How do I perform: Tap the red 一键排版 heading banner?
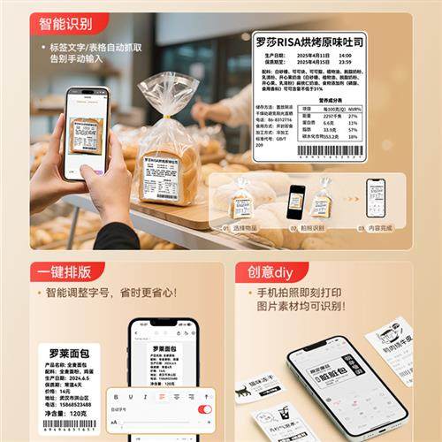[67, 270]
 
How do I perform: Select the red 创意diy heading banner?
[275, 270]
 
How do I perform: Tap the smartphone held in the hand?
[86, 132]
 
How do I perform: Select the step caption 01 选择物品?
[239, 227]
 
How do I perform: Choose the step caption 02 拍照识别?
[309, 227]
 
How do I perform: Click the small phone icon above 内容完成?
[376, 197]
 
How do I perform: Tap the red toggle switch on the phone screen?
[205, 409]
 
